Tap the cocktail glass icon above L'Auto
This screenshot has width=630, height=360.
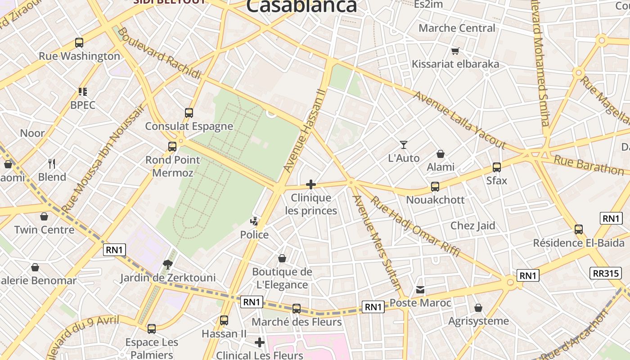pos(404,144)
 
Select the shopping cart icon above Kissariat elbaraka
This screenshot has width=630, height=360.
pos(455,51)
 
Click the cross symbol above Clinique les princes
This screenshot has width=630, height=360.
pos(311,184)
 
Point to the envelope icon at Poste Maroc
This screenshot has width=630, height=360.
pos(420,290)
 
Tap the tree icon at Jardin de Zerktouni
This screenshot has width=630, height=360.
pos(168,264)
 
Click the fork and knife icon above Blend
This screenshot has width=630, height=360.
pos(52,163)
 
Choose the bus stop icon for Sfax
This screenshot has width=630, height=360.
pos(497,167)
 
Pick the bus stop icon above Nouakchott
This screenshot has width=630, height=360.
pos(435,187)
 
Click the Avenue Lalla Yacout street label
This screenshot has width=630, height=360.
pos(460,120)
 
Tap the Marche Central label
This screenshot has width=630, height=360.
pos(457,28)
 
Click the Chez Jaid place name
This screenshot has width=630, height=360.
pos(472,225)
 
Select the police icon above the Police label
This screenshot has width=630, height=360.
pos(255,221)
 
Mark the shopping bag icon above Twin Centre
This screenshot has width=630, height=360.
pos(44,216)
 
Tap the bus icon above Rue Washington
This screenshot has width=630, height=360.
pos(79,43)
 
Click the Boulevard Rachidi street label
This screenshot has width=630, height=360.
pos(160,53)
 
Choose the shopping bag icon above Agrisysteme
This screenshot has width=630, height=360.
pos(478,308)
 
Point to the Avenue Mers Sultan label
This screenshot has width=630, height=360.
pos(377,242)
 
